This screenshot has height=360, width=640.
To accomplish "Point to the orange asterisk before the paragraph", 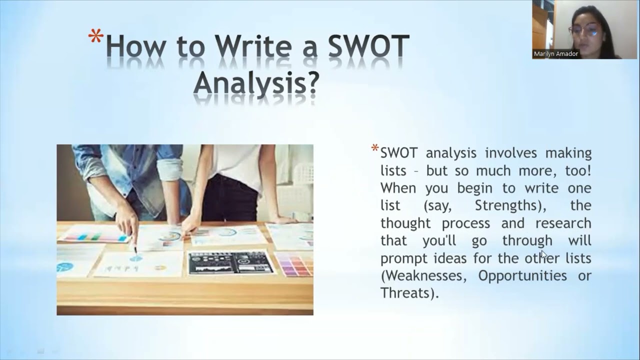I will pyautogui.click(x=374, y=148).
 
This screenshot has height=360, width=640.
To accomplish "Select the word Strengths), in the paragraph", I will pyautogui.click(x=508, y=205).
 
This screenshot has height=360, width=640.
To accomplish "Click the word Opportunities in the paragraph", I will pyautogui.click(x=522, y=275).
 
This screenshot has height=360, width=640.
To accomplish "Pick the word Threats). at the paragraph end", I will pyautogui.click(x=409, y=293).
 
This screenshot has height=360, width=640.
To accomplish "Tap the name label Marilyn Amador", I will pyautogui.click(x=555, y=54).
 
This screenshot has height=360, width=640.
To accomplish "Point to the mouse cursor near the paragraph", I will pyautogui.click(x=544, y=255).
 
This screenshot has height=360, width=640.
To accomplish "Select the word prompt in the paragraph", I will pyautogui.click(x=403, y=258).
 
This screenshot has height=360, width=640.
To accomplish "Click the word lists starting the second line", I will pyautogui.click(x=393, y=170).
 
